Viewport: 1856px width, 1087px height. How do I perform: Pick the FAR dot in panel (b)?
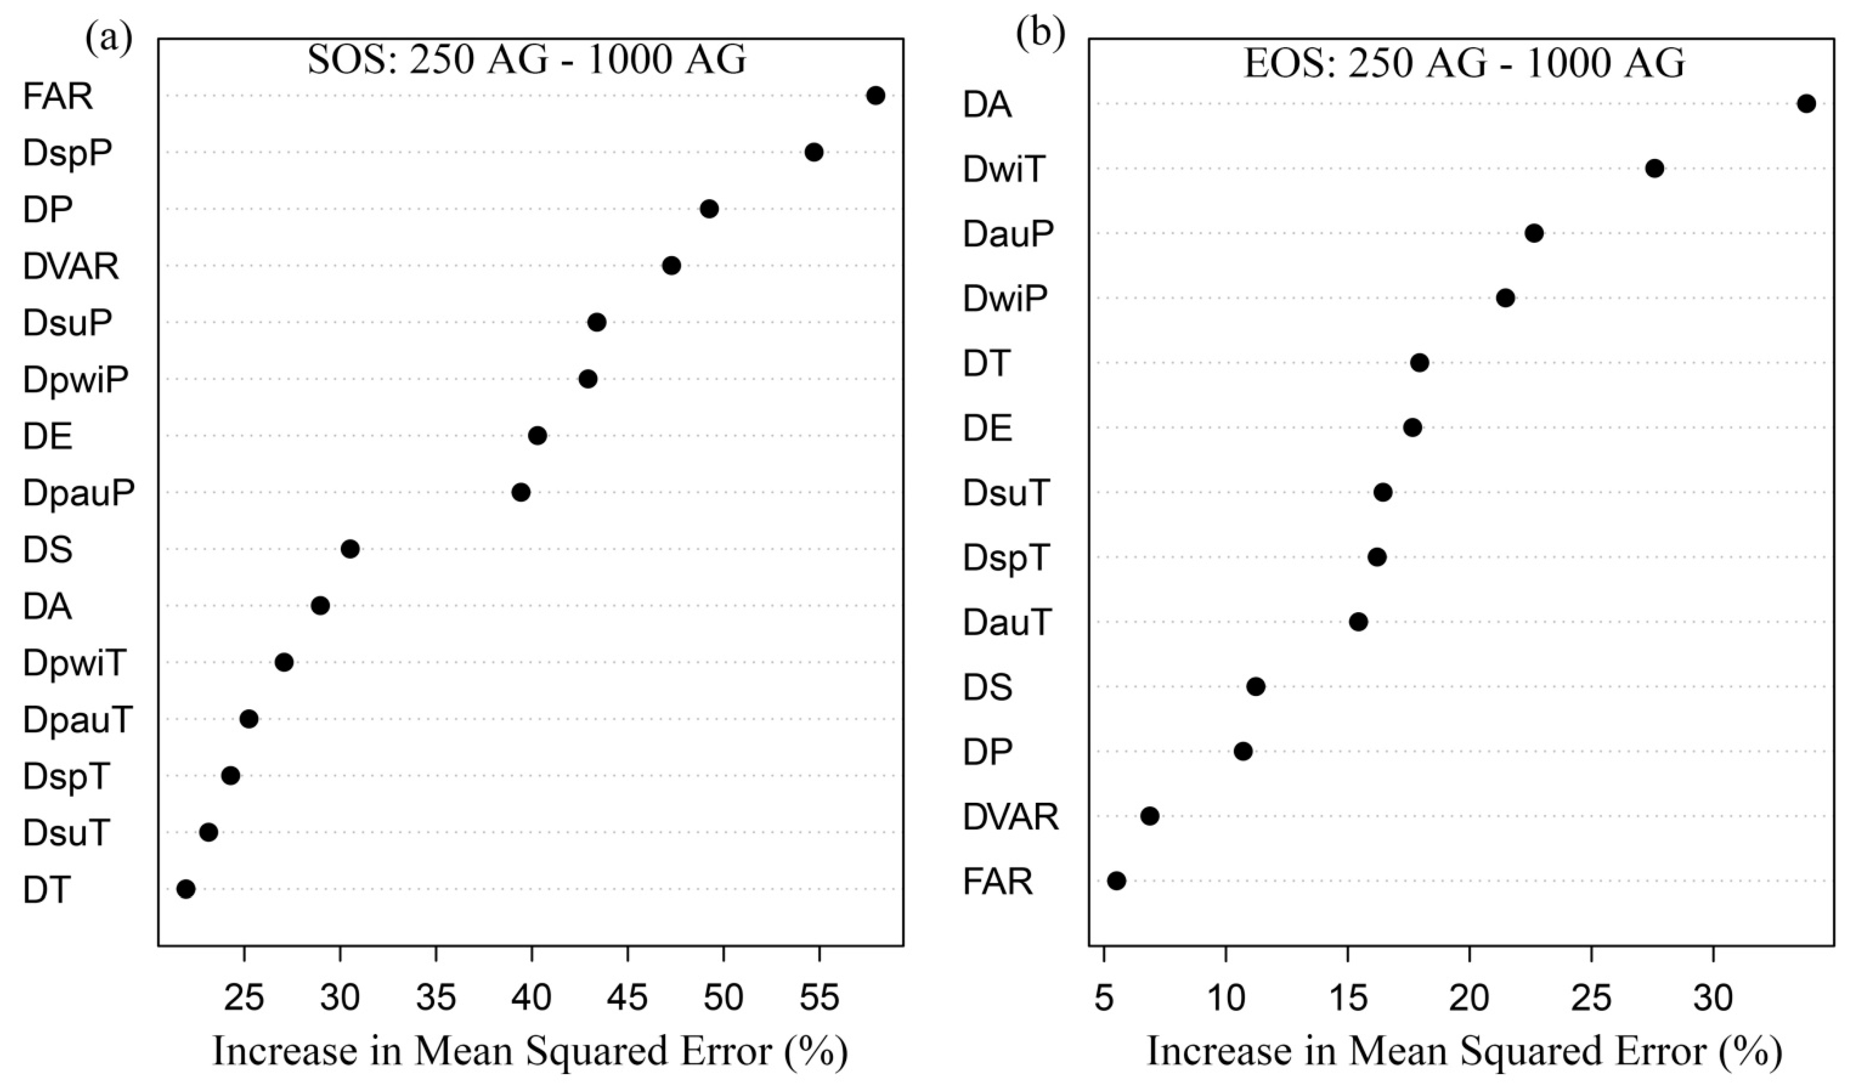tap(1117, 881)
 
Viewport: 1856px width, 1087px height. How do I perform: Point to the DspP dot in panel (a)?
tap(814, 152)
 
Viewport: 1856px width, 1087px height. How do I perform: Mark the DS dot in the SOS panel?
tap(351, 549)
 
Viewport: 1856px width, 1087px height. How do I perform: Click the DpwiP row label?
tap(75, 380)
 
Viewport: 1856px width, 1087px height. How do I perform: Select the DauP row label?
tap(1008, 235)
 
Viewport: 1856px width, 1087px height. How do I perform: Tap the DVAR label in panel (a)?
tap(71, 266)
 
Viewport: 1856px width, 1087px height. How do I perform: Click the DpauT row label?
tap(78, 720)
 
